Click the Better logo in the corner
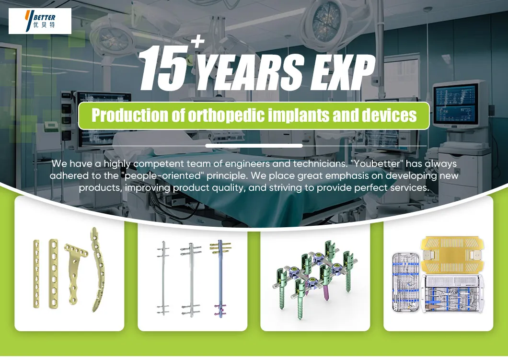pos(40,21)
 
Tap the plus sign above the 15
pos(197,43)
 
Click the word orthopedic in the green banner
pos(228,116)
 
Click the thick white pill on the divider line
pos(254,146)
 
